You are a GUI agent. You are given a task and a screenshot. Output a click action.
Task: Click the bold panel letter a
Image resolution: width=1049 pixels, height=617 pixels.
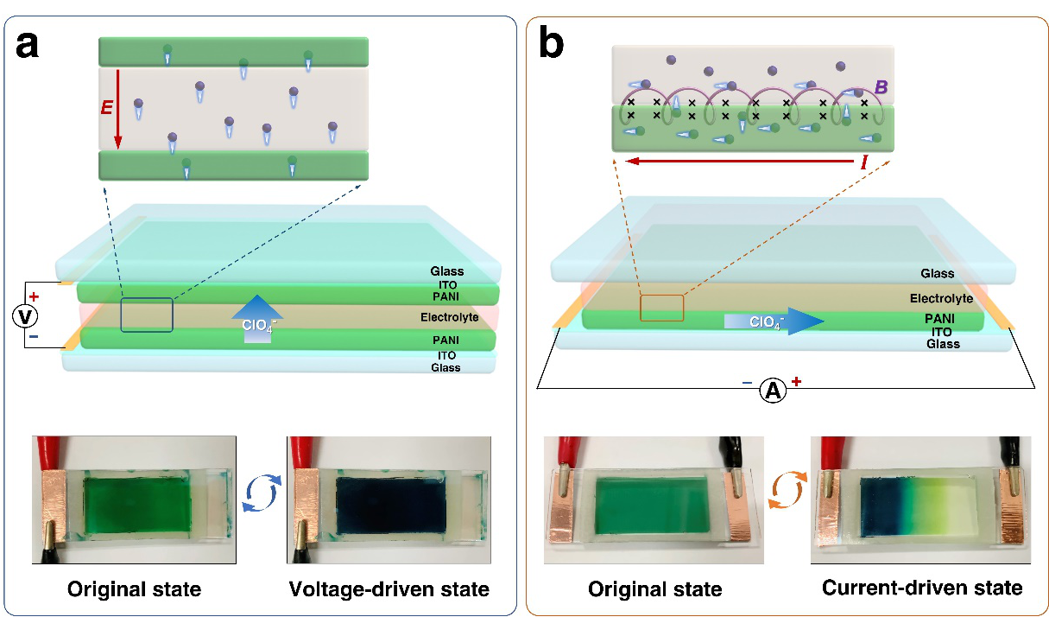[27, 42]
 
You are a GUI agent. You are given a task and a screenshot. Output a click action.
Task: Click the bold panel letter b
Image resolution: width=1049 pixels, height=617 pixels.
[552, 42]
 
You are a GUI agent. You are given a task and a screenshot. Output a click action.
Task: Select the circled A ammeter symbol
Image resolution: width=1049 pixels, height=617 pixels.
[773, 391]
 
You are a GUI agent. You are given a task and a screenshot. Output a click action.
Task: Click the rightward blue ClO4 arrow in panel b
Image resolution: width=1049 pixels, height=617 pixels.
[774, 321]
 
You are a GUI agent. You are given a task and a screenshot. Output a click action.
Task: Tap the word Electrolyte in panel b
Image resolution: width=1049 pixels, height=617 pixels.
[941, 298]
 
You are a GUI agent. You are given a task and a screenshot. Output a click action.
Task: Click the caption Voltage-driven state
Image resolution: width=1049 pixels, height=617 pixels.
[388, 589]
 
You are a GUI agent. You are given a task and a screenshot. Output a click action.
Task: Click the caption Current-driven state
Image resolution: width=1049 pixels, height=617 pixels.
[922, 588]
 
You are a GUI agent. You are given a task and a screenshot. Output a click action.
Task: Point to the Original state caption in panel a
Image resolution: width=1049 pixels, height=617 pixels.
[134, 589]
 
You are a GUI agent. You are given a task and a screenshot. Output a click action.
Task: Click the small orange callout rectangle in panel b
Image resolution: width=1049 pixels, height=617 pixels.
[662, 307]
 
